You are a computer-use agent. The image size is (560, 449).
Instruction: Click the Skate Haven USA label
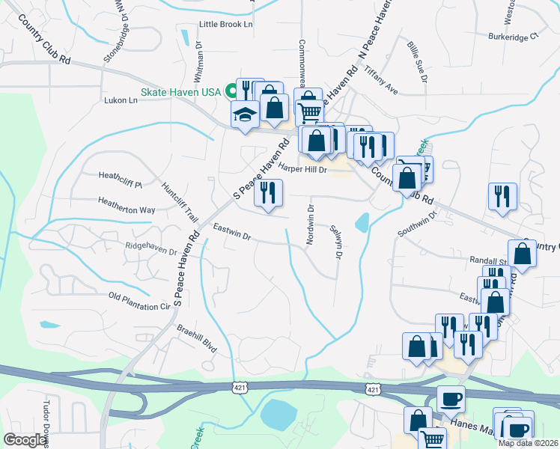click(180, 92)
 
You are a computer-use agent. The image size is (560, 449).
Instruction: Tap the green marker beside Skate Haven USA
click(232, 92)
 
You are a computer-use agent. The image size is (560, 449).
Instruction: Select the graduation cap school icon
click(244, 116)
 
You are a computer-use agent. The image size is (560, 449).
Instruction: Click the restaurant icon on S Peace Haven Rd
click(267, 193)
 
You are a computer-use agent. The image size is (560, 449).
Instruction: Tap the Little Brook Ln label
click(226, 25)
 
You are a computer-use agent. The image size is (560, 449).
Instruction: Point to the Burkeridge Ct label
click(514, 35)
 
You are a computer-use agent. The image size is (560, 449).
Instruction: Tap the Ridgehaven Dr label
click(150, 248)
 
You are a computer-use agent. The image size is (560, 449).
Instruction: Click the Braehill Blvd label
click(196, 338)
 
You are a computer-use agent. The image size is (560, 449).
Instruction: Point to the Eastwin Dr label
click(231, 231)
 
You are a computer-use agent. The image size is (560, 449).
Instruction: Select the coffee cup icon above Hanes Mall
click(450, 397)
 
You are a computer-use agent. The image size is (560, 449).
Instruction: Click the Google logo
click(25, 440)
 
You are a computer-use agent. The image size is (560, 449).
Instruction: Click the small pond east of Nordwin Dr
click(362, 222)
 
